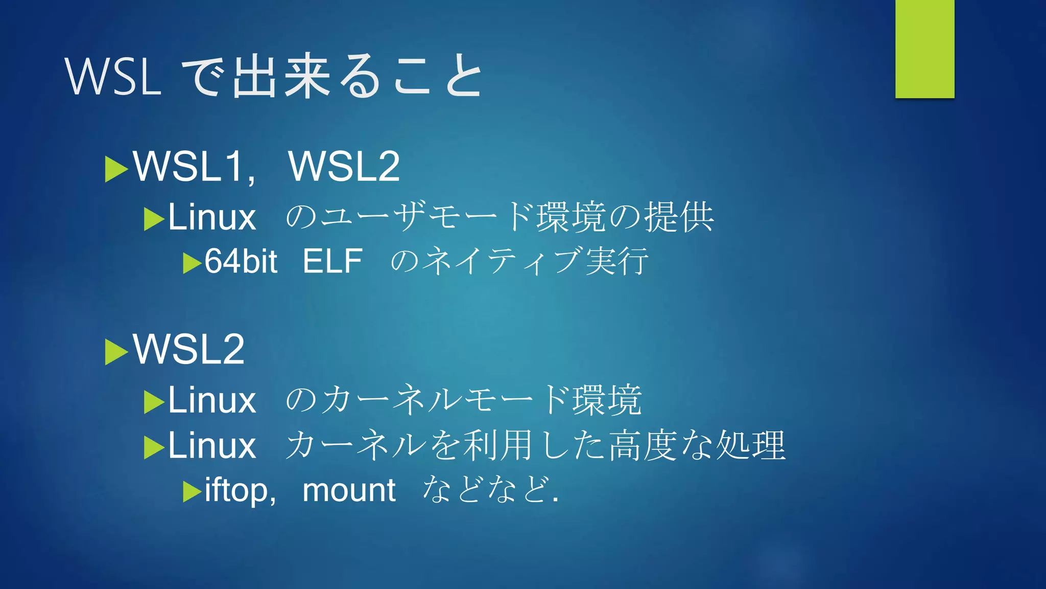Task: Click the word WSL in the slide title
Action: point(113,77)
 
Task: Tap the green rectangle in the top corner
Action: point(924,49)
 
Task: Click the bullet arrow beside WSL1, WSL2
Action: point(116,169)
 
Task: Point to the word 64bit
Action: point(241,261)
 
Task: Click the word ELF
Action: point(332,261)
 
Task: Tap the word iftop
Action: point(236,490)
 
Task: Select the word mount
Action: point(349,490)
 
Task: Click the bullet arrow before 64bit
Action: point(192,263)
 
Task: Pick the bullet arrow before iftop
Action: point(192,492)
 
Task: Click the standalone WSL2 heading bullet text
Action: point(189,349)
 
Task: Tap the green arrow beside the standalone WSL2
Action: point(116,352)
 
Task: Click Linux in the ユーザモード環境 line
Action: point(211,217)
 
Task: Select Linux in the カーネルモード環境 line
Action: point(211,400)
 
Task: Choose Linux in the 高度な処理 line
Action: point(211,445)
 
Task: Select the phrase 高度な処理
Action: point(697,445)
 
